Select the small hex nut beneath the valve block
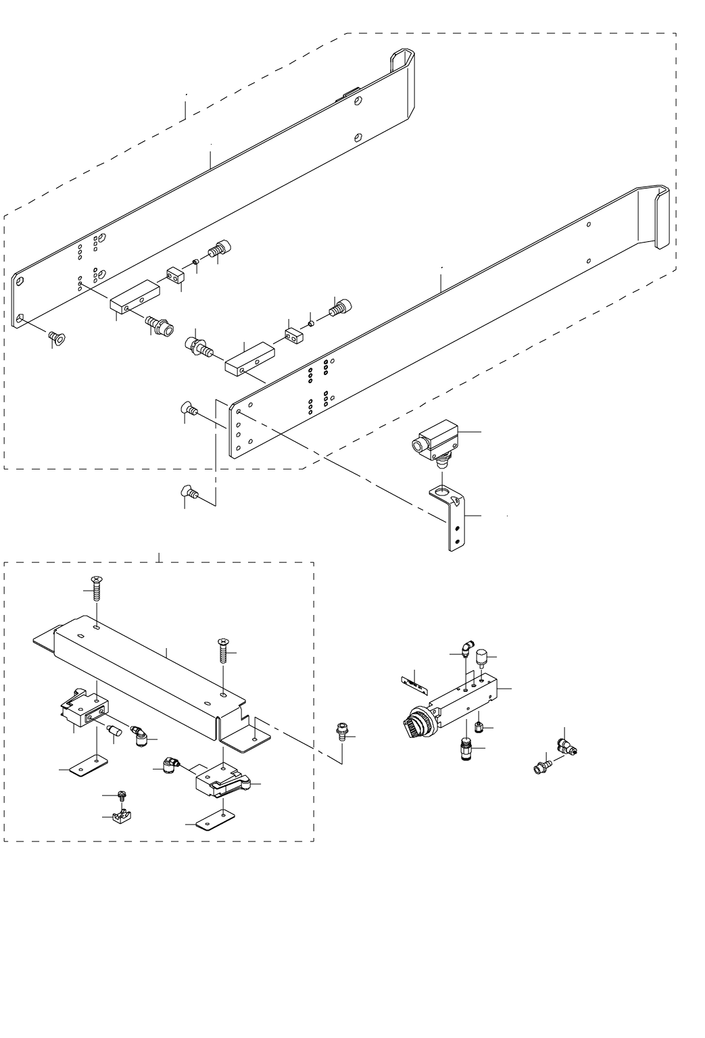click(478, 727)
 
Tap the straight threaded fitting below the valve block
click(466, 749)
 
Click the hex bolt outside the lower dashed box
click(341, 733)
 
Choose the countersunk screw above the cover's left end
click(96, 589)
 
